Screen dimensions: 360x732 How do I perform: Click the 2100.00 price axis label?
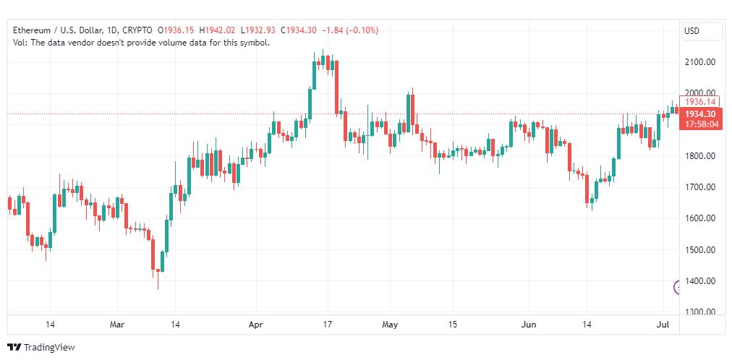click(699, 62)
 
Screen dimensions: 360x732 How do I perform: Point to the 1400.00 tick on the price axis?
click(699, 281)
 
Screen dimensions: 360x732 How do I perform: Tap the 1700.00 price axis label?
click(699, 187)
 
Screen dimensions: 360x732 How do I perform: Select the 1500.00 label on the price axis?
click(699, 250)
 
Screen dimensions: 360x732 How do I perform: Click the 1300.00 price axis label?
click(699, 312)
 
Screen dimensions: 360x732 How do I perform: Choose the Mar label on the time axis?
click(117, 325)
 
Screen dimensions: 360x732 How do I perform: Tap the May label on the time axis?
click(391, 325)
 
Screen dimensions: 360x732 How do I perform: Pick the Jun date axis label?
click(529, 325)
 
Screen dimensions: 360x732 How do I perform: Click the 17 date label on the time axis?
click(327, 325)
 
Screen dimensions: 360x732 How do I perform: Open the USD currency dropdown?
click(701, 31)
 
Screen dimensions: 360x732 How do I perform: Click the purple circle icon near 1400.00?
click(678, 287)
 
